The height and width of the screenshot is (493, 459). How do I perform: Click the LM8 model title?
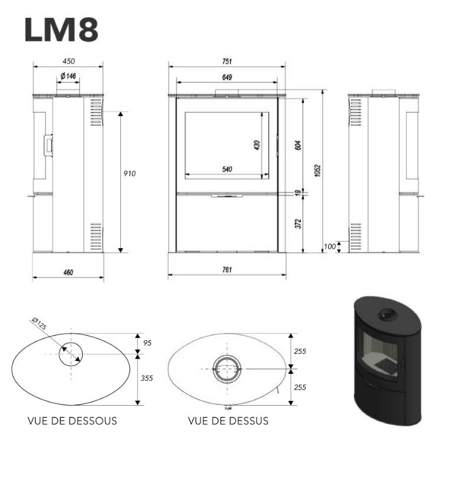pos(61,29)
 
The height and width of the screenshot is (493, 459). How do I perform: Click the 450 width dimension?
pos(68,61)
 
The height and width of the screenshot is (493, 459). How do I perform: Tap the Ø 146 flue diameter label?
pos(68,76)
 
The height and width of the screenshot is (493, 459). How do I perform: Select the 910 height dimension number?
pos(129,173)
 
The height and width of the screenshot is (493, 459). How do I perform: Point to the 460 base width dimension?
pos(68,272)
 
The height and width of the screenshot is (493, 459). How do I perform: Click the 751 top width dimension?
pos(227,61)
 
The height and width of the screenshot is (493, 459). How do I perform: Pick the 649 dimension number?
pos(227,77)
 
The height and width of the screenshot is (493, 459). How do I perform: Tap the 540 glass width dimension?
pos(227,169)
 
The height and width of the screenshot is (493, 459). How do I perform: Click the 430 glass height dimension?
pos(257,145)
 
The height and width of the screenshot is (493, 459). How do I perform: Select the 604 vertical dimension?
pos(297,145)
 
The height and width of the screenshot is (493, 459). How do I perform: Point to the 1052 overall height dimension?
pos(317,170)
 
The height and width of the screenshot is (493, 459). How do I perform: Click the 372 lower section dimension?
pos(297,224)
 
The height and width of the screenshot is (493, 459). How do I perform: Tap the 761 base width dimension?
pos(227,269)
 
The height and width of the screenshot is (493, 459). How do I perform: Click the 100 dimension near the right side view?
pos(330,246)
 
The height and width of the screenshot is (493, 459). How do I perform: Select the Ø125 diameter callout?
pos(40,324)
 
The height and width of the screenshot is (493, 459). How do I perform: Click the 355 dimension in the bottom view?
pos(146,378)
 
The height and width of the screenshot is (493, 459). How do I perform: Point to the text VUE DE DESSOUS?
pos(72,421)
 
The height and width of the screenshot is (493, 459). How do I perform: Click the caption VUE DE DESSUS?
pos(228,421)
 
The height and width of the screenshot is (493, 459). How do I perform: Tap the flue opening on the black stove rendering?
pos(388,314)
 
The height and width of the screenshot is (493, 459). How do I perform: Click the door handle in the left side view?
pos(48,145)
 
